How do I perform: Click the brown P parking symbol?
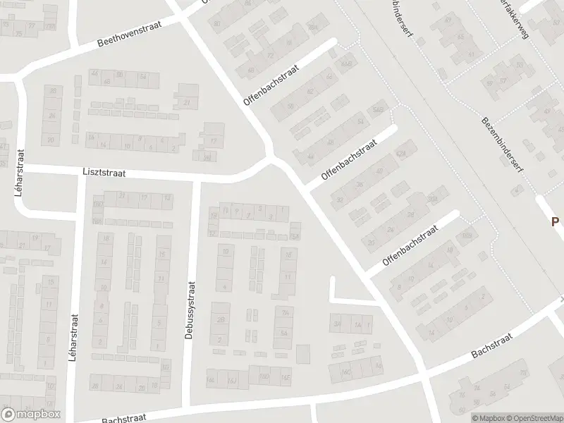click(555, 221)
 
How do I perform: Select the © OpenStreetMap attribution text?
click(537, 417)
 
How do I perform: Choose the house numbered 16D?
click(264, 378)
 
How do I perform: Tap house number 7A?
click(285, 314)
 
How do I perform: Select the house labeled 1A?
click(357, 324)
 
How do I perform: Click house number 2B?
click(313, 27)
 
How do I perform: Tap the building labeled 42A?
click(403, 152)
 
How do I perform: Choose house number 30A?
click(431, 200)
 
